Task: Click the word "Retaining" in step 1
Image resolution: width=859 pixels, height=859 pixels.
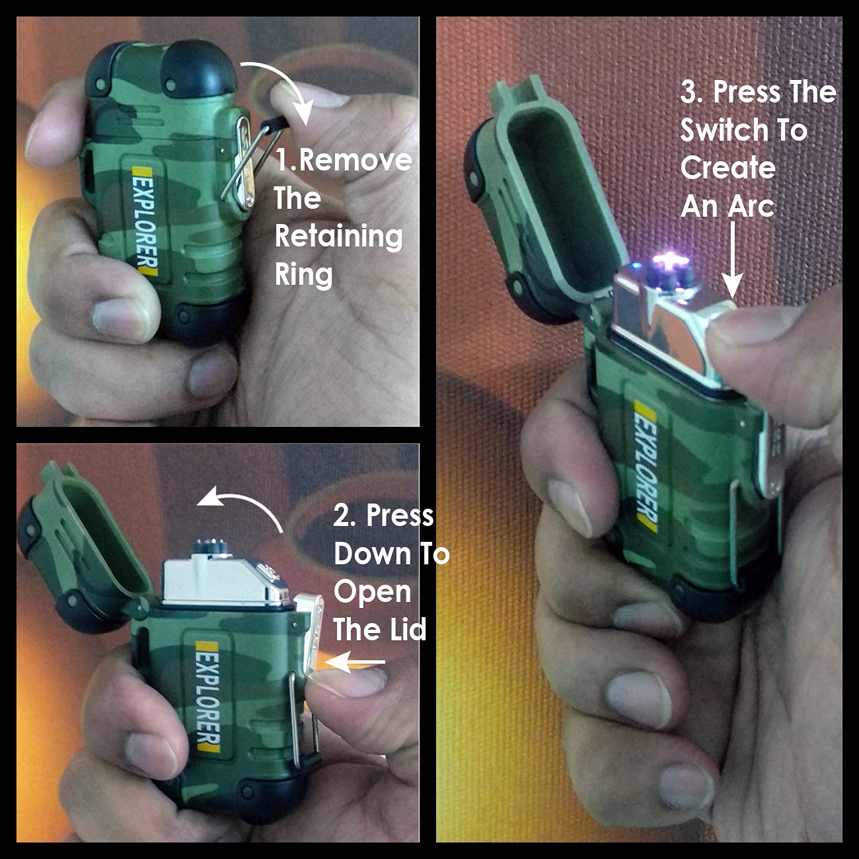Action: (x=338, y=237)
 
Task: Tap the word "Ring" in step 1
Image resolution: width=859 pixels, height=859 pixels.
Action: (x=303, y=275)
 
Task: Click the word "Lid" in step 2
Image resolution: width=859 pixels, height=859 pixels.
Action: (x=404, y=629)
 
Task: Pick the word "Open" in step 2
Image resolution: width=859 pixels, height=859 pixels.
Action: (x=372, y=593)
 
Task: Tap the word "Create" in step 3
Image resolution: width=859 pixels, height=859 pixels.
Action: (x=728, y=168)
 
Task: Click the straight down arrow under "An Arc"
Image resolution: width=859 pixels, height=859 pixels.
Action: (x=732, y=260)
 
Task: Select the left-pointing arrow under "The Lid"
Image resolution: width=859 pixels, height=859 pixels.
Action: (x=354, y=662)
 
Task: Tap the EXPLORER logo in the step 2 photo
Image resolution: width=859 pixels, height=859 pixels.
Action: (x=208, y=697)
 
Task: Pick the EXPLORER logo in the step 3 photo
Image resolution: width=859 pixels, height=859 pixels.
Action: (x=646, y=467)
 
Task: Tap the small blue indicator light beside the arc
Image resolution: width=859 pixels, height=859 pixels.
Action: (x=636, y=266)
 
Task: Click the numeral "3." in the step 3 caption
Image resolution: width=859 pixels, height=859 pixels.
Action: (x=692, y=93)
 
